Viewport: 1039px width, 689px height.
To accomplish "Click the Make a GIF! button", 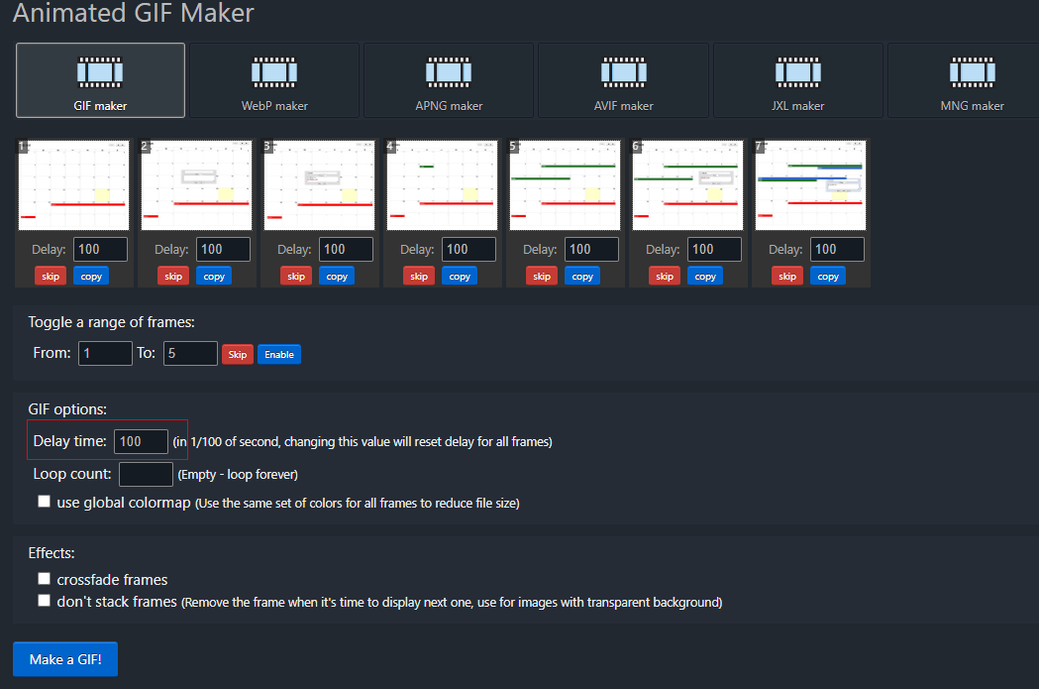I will pos(65,659).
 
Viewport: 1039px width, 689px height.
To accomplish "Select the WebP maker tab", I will pos(274,80).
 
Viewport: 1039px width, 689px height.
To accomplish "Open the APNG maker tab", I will pos(449,80).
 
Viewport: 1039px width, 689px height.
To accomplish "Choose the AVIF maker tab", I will pos(623,80).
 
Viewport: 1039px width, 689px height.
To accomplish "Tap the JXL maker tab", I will pos(797,80).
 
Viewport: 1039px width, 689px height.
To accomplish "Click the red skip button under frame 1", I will pos(51,277).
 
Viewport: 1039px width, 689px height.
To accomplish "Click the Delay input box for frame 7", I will pos(837,249).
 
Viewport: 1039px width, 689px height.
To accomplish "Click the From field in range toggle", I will pos(105,353).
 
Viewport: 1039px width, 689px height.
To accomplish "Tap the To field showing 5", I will pos(190,353).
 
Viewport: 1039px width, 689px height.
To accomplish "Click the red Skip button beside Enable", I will pos(238,354).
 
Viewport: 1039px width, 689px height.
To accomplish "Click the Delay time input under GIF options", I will pos(141,441).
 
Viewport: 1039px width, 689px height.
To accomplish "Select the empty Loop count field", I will pos(146,474).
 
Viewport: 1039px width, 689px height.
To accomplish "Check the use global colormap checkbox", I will pos(44,502).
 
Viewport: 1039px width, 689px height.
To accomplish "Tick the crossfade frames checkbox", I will pos(44,579).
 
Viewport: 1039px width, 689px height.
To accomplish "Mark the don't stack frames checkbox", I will pos(44,601).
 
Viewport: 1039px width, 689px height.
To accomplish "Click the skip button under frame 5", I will pos(542,277).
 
